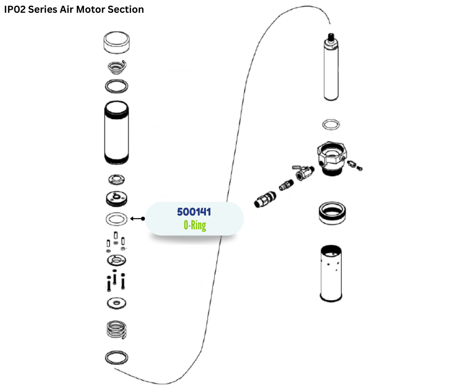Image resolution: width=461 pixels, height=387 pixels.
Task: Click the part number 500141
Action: [194, 212]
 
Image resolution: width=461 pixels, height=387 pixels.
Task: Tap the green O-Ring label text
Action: [195, 226]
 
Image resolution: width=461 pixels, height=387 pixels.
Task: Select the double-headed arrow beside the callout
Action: [137, 219]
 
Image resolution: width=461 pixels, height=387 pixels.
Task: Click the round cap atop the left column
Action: [117, 42]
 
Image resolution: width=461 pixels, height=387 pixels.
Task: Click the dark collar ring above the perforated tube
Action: [331, 212]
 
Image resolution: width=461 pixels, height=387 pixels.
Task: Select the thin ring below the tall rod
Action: [331, 124]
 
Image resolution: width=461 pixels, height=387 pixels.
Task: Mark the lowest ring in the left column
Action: [117, 358]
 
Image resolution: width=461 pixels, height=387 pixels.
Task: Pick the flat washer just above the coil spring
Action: [117, 303]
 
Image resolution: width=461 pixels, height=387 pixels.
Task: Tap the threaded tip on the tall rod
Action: [331, 36]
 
